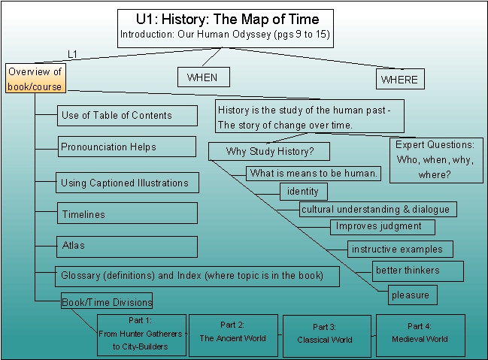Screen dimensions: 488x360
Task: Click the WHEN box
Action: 204,77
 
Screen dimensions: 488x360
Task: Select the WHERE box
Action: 400,79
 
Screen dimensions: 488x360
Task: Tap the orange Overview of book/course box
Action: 35,78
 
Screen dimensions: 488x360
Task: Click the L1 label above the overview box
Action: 72,54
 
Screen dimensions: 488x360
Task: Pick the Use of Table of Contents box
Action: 127,116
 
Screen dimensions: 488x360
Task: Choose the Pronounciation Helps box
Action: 127,147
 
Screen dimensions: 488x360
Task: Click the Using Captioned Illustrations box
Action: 127,183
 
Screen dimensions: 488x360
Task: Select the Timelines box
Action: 127,213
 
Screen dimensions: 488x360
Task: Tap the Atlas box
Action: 127,247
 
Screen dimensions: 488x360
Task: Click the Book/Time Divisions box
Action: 107,301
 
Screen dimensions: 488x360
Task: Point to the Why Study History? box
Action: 269,151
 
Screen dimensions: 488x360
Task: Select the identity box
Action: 304,192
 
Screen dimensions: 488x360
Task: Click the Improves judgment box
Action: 383,227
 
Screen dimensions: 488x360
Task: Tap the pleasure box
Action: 412,295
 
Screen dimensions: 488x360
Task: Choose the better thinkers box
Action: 417,271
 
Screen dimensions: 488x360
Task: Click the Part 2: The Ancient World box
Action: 233,335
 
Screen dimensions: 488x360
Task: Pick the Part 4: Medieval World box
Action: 420,335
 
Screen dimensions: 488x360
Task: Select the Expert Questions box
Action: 436,160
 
